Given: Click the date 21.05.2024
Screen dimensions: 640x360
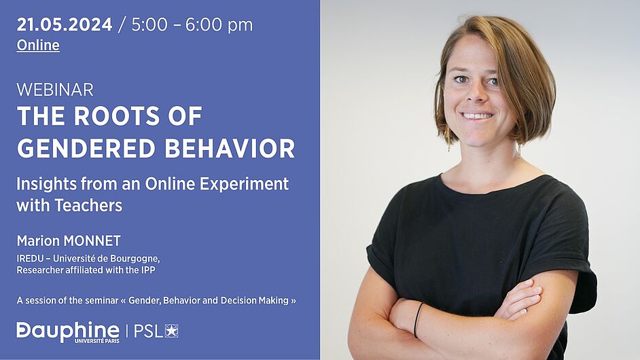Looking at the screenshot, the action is [65, 24].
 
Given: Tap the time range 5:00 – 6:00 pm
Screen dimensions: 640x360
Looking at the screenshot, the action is [192, 25].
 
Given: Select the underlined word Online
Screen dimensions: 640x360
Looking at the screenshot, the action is [38, 45].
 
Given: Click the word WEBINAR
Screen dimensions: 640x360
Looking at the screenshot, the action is [55, 90].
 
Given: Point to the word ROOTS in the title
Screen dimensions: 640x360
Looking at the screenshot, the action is [117, 116].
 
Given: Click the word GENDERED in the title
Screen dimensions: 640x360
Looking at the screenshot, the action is [86, 148].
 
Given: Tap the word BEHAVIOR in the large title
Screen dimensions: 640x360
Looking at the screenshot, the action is [230, 148].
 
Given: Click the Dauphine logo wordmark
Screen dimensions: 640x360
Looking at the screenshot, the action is [68, 331].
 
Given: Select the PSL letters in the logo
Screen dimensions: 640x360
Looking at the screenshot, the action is [149, 331].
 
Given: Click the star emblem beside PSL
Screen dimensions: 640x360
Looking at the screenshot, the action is [171, 331].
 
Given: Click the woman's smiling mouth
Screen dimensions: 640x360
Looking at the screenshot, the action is [477, 116].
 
